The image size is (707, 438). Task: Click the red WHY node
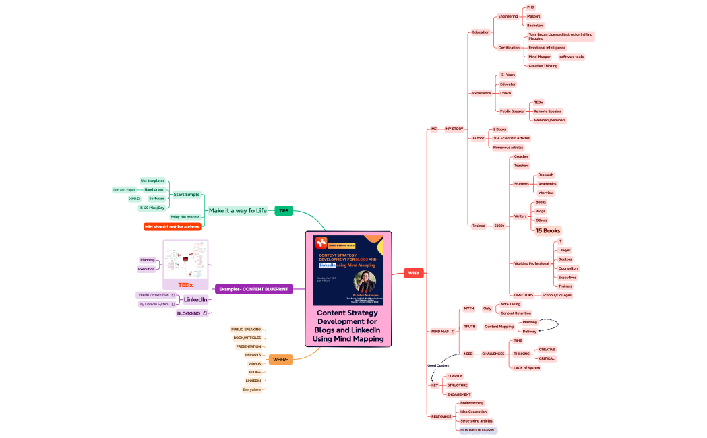[x=414, y=273]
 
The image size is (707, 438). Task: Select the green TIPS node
[x=284, y=211]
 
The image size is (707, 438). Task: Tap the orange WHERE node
[x=280, y=359]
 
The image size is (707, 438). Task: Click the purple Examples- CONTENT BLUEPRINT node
[x=253, y=289]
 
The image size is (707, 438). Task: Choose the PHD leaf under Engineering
[x=531, y=7]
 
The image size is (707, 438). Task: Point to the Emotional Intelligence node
[x=547, y=48]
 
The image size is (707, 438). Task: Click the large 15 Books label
[x=548, y=231]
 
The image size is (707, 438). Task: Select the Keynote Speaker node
[x=547, y=111]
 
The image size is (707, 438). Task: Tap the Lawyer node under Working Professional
[x=564, y=250]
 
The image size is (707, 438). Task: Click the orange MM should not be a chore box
[x=173, y=227]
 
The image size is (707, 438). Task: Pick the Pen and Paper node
[x=124, y=190]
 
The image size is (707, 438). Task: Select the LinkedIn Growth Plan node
[x=153, y=295]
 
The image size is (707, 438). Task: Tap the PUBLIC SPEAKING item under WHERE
[x=246, y=330]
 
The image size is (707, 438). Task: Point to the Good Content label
[x=438, y=365]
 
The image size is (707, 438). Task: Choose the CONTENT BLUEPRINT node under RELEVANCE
[x=478, y=430]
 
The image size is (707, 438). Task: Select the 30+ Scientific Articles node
[x=511, y=138]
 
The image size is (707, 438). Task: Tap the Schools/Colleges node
[x=557, y=295]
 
